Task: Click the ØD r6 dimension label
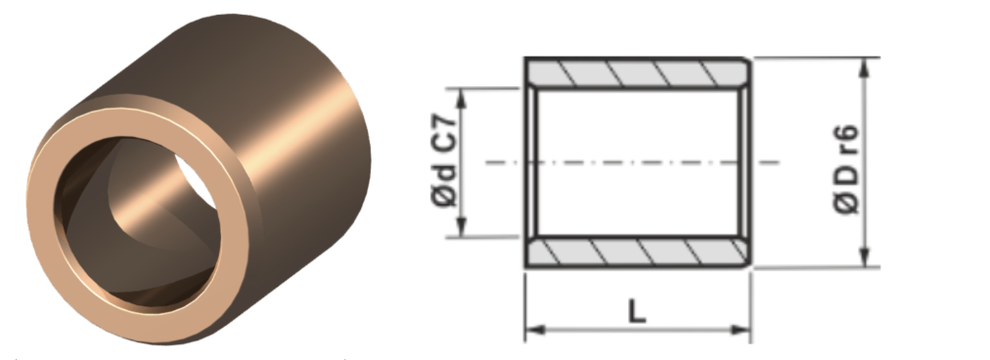(846, 169)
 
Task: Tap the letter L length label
(637, 311)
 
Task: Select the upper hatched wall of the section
(638, 73)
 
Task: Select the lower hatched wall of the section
(638, 252)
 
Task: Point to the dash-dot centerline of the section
(633, 162)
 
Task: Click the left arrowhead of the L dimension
(534, 329)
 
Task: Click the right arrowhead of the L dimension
(742, 329)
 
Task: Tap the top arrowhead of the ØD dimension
(865, 67)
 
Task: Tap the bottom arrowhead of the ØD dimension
(865, 257)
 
